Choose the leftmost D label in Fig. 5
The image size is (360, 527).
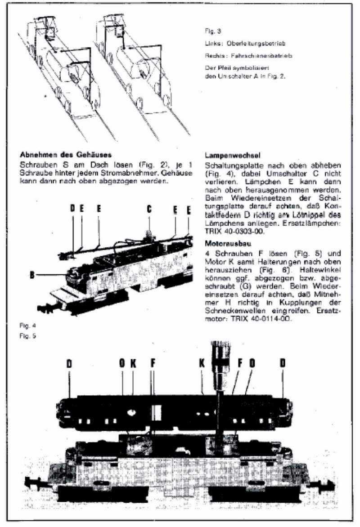click(x=69, y=364)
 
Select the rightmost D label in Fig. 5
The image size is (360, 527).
click(x=283, y=363)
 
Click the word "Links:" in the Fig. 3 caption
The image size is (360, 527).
click(x=212, y=44)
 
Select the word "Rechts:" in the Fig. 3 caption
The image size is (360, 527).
click(x=214, y=56)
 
